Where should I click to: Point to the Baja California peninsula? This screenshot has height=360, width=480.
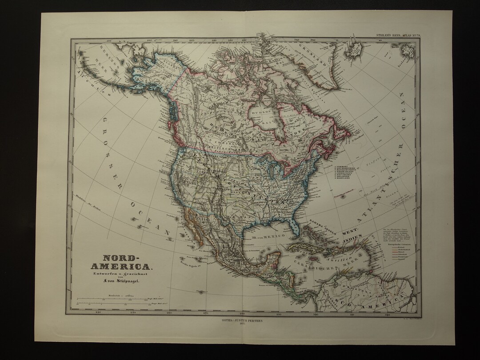(194, 229)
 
